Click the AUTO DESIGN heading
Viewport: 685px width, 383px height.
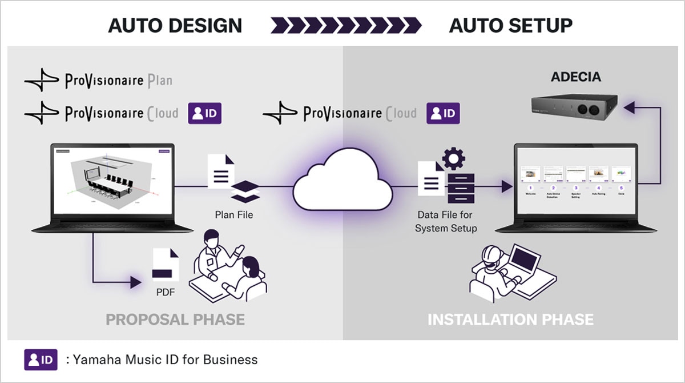pos(175,25)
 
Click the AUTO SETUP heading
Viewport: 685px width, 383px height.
pos(510,25)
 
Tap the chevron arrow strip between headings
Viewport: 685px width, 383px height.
pos(346,25)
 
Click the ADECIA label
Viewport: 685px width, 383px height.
pos(575,77)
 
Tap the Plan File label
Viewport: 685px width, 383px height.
pos(233,215)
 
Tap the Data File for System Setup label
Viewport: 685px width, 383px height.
pos(446,222)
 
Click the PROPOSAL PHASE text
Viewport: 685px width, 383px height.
pos(175,318)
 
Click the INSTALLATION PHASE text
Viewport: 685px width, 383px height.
pos(510,318)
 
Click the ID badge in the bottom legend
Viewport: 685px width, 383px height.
pos(41,360)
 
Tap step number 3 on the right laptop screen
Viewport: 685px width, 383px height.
pos(575,187)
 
